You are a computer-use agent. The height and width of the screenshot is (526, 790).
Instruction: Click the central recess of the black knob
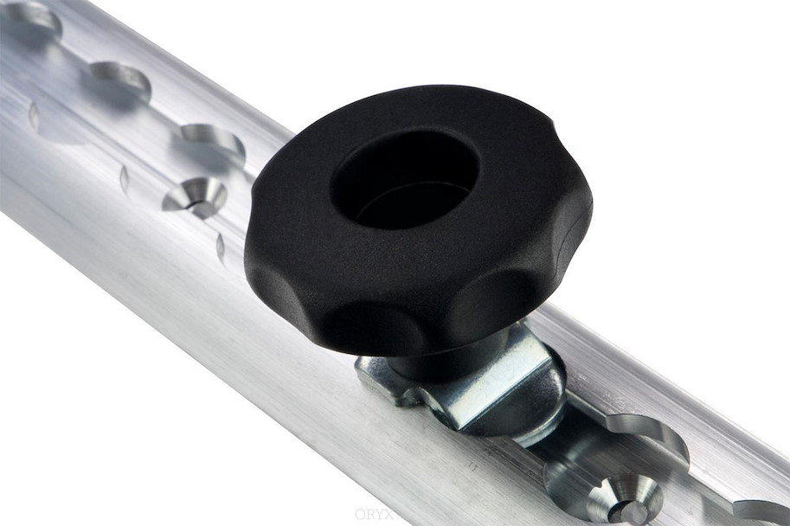[x=404, y=180]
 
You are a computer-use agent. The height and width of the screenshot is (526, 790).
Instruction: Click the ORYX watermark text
[x=374, y=514]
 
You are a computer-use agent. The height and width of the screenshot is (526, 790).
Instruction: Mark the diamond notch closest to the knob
[x=220, y=247]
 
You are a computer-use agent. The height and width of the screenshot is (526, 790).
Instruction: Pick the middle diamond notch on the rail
[x=124, y=179]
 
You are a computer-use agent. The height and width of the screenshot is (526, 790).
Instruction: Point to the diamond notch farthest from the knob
[x=34, y=115]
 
